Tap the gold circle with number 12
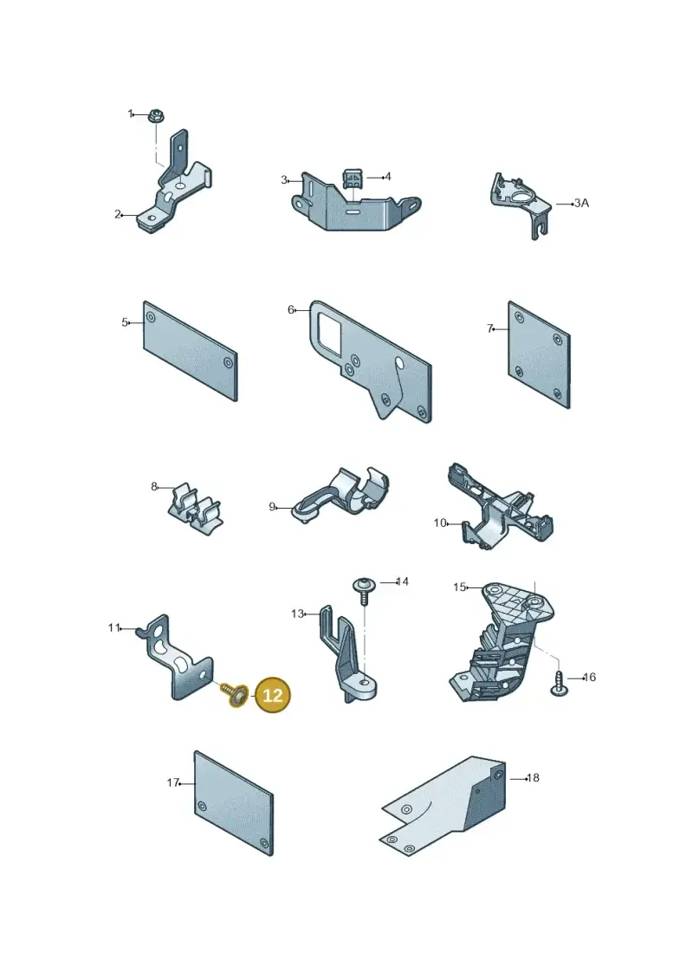coord(273,695)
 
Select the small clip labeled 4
coord(351,178)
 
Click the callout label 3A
coord(581,203)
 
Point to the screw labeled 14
coord(363,591)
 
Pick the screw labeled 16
coord(558,683)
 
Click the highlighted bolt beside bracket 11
coord(234,695)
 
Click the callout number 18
coord(533,778)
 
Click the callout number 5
coord(125,322)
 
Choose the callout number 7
coord(490,328)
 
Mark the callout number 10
coord(440,522)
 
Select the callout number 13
coord(297,613)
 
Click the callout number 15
coord(459,587)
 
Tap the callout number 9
coord(272,506)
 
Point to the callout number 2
coord(118,214)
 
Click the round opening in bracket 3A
coord(518,198)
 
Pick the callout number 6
coord(290,309)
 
